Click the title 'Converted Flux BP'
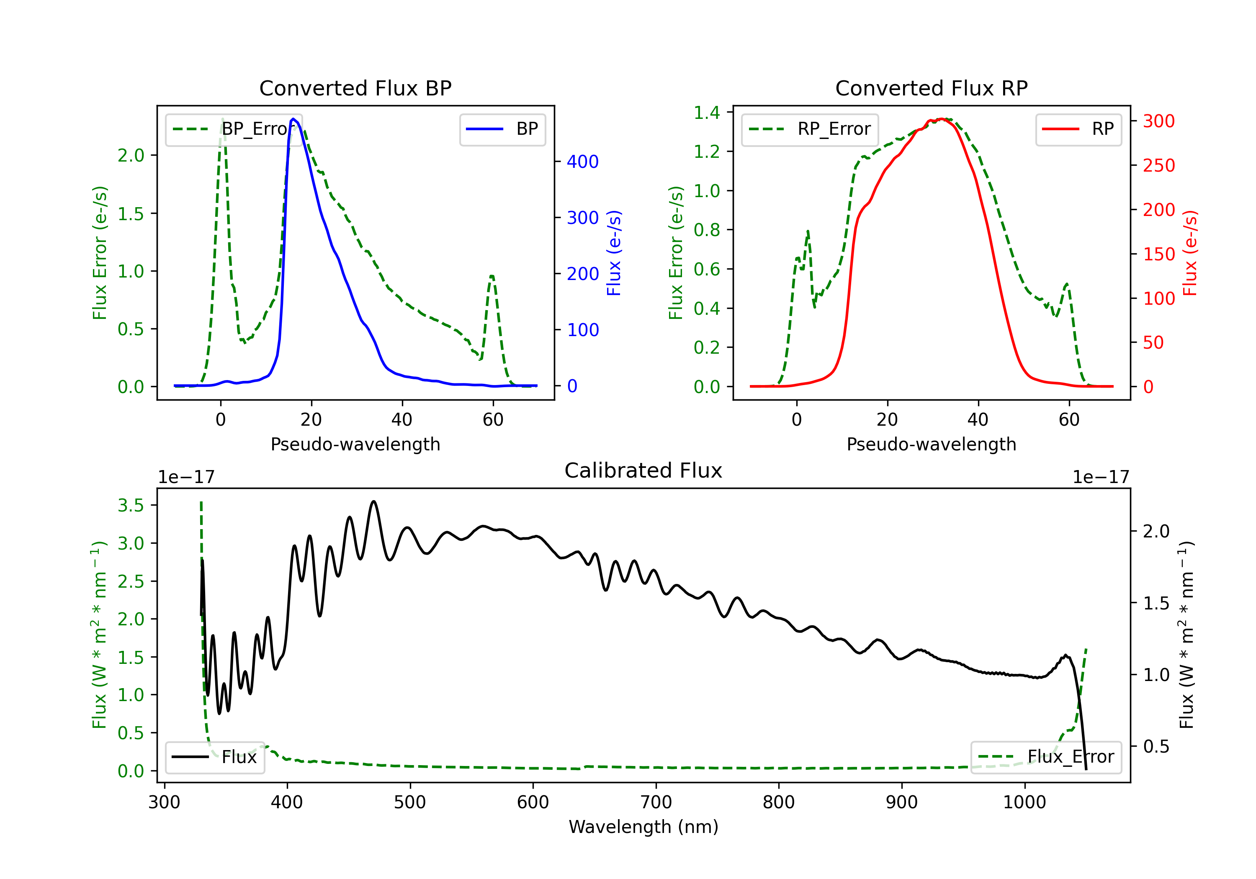click(x=355, y=88)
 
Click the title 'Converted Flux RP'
click(x=932, y=88)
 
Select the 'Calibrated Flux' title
click(x=643, y=470)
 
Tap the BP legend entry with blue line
click(x=502, y=129)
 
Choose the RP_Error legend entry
click(x=810, y=129)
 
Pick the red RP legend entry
click(x=1078, y=129)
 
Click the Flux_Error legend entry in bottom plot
click(x=1046, y=757)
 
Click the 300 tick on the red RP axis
click(x=1158, y=121)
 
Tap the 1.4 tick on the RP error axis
click(x=707, y=113)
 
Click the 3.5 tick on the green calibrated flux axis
click(x=131, y=505)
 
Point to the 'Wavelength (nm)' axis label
click(x=643, y=827)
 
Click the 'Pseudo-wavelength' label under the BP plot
click(x=355, y=444)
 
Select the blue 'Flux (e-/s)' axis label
click(x=614, y=253)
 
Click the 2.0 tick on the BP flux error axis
click(x=131, y=155)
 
